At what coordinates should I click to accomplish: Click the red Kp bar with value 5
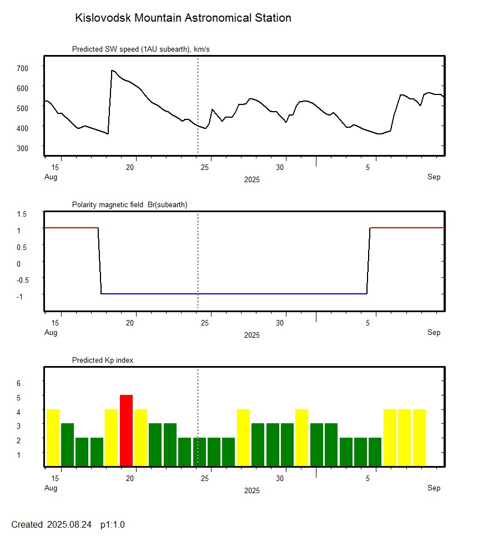[127, 430]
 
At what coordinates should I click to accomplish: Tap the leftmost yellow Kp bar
[53, 437]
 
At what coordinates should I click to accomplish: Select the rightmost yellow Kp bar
[419, 437]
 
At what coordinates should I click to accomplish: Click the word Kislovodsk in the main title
[103, 18]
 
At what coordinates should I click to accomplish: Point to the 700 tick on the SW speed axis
[22, 68]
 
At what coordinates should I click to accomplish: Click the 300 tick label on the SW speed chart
[22, 148]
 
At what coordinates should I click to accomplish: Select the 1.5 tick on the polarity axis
[22, 214]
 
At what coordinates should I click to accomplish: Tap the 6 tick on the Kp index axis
[18, 383]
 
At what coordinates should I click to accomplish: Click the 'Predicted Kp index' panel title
[103, 360]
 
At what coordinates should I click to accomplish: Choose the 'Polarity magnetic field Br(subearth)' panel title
[129, 204]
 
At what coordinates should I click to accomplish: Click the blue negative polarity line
[233, 293]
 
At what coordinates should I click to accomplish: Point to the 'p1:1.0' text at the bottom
[113, 524]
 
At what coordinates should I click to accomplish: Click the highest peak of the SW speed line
[112, 71]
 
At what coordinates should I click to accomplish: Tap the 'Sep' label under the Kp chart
[434, 488]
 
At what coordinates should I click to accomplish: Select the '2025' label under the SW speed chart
[251, 179]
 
